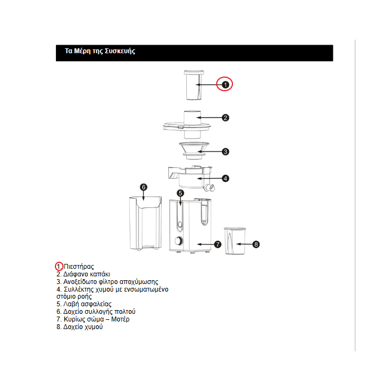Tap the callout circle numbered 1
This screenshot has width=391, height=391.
(x=225, y=84)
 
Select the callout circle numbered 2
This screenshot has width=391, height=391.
(x=225, y=117)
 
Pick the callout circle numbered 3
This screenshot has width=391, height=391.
(x=225, y=152)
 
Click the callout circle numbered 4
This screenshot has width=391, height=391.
(x=225, y=178)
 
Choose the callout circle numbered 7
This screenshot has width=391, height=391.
(x=218, y=244)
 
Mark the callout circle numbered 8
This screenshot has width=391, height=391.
(x=256, y=244)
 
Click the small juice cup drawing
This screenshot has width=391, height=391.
(x=235, y=240)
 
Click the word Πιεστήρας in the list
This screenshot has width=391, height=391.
(x=79, y=267)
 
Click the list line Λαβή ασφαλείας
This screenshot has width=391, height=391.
(x=84, y=304)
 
